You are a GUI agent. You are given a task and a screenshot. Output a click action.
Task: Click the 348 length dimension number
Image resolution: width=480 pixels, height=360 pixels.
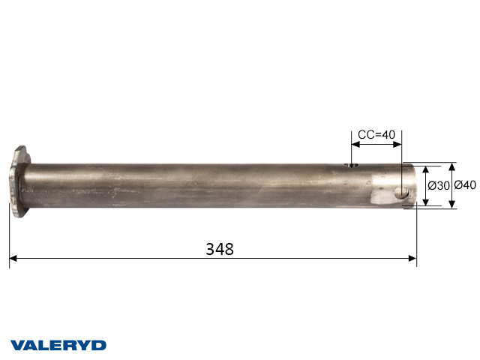coord(220,249)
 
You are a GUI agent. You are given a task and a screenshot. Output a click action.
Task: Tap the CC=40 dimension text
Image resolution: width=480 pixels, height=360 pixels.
coord(376,135)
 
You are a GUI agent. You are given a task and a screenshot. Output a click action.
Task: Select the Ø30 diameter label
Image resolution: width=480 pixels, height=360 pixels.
coord(439,186)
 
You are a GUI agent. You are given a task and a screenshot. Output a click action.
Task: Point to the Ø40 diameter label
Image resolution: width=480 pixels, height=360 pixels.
coord(465,186)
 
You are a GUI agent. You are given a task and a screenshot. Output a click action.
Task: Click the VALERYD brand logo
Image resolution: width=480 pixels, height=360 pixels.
coord(58,345)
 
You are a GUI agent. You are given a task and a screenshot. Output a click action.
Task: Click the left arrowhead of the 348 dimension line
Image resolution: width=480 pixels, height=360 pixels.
coord(13,259)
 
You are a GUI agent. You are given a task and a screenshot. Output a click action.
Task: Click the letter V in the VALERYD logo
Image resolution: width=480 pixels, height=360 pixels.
coord(16,345)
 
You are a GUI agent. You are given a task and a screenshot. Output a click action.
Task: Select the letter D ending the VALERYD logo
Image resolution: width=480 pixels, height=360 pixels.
coord(99,345)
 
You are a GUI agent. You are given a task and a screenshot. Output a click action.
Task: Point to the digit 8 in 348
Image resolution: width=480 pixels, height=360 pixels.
coord(229,249)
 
